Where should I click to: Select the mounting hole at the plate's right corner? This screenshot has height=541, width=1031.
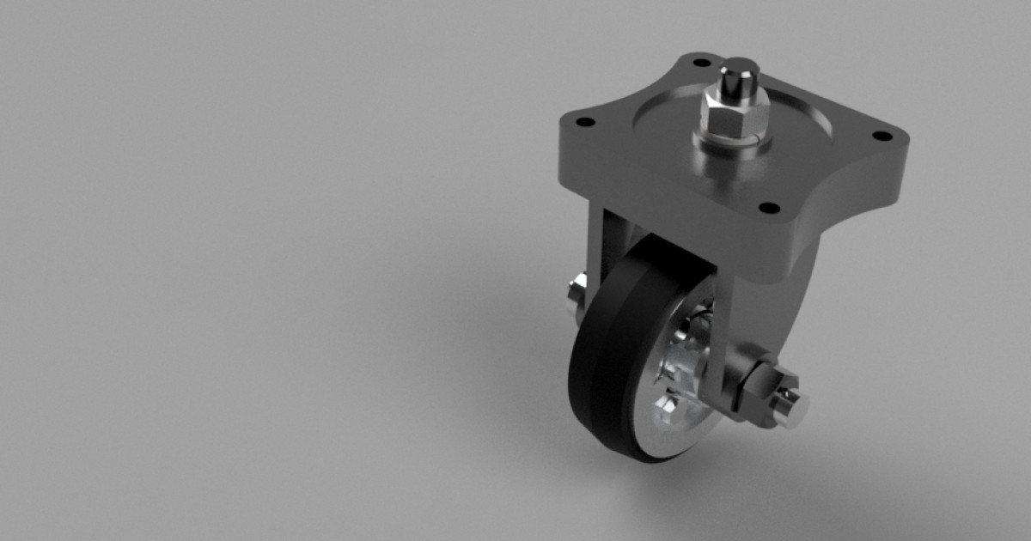click(x=881, y=136)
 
